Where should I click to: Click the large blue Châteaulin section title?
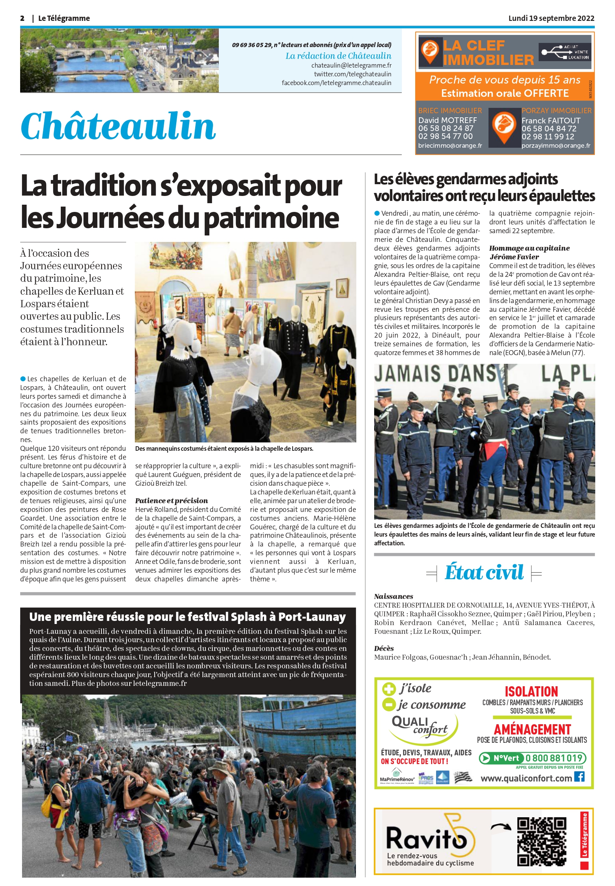(118, 126)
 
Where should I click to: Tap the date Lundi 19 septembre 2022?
(551, 18)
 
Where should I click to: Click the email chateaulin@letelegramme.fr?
(351, 65)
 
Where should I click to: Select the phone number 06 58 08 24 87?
(446, 128)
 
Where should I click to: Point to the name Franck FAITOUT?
(551, 120)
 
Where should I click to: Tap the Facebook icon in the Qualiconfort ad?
(579, 776)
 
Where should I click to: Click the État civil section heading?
(484, 572)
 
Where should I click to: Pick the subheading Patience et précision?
(171, 501)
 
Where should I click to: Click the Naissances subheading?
(394, 596)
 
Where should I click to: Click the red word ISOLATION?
(531, 692)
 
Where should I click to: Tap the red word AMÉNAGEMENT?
(532, 730)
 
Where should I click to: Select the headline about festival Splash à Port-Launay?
(187, 617)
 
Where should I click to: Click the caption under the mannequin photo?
(224, 449)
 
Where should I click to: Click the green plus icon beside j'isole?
(389, 689)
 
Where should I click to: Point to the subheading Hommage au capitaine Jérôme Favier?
(529, 252)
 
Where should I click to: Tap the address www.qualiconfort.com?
(526, 778)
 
